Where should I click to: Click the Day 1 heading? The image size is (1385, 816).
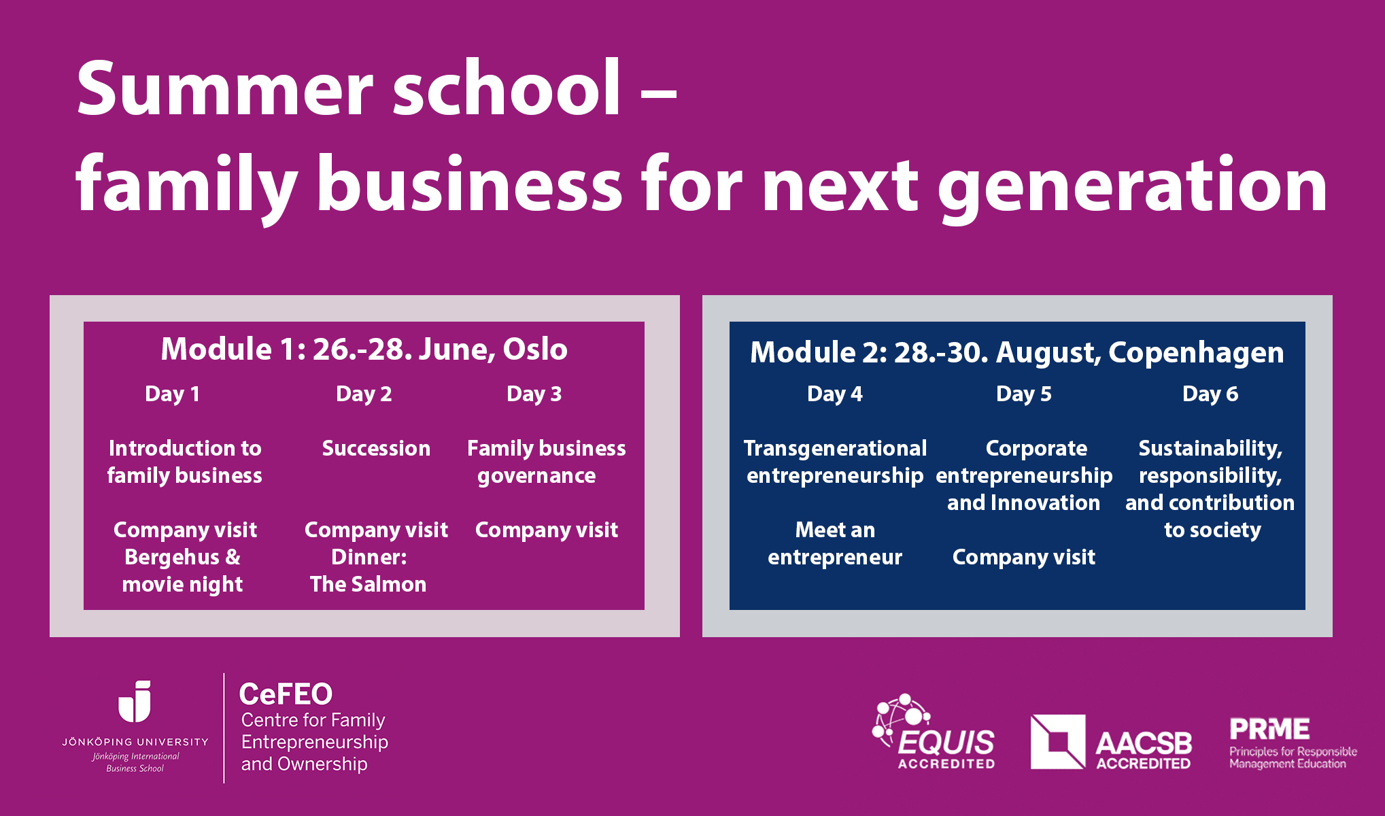(172, 394)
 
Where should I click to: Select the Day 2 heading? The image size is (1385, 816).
(364, 394)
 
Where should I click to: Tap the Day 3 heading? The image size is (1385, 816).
(534, 394)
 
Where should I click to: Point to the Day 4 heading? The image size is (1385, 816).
(835, 394)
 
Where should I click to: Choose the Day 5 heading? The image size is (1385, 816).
(1024, 394)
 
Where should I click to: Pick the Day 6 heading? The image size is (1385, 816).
(1210, 394)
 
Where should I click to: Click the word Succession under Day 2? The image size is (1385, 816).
(376, 448)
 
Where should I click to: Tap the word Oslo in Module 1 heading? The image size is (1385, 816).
(535, 349)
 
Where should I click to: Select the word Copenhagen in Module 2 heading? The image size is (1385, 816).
(1196, 353)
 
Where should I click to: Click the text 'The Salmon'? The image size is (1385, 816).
(369, 584)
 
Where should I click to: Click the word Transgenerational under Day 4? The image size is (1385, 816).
(835, 449)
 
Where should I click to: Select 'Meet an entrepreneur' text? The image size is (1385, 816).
(835, 543)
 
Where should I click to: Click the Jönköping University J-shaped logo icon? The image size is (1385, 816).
(135, 701)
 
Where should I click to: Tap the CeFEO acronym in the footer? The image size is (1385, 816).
(286, 694)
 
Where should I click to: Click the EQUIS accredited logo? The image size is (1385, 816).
(934, 732)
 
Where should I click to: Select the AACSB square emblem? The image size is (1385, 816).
(1058, 742)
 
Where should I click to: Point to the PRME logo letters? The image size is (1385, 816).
(1269, 729)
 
